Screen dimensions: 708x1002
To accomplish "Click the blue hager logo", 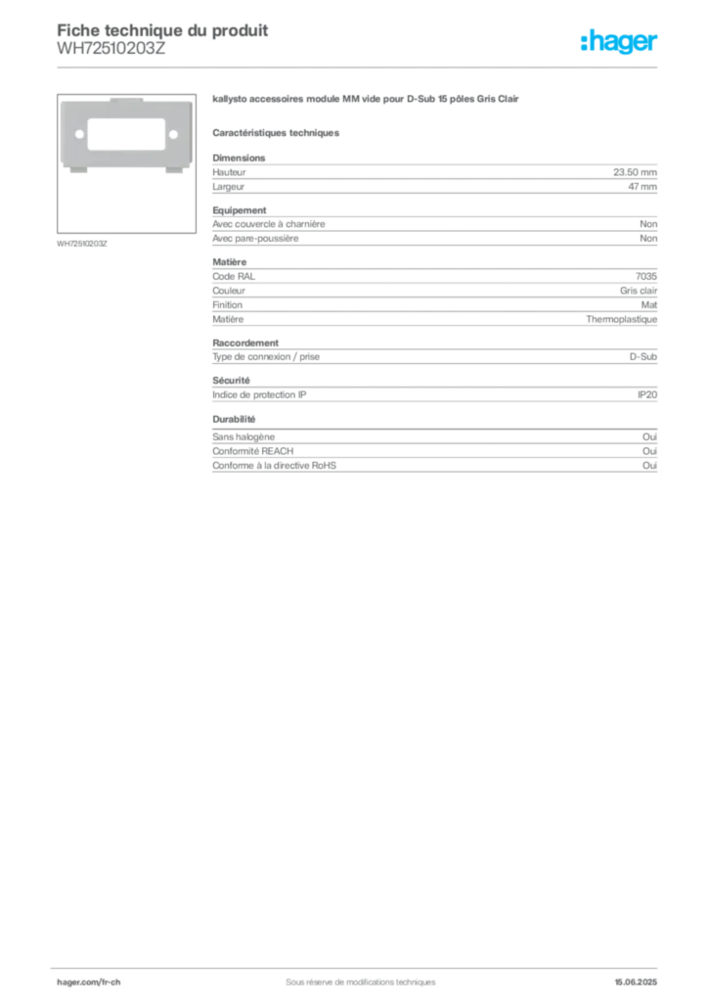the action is pyautogui.click(x=621, y=43).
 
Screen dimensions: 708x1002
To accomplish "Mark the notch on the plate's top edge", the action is pyautogui.click(x=125, y=100).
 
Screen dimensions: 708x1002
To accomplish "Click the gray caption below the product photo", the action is pyautogui.click(x=81, y=242).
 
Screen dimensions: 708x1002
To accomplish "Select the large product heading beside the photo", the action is pyautogui.click(x=368, y=101).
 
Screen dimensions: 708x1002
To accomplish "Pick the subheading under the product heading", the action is pyautogui.click(x=278, y=132).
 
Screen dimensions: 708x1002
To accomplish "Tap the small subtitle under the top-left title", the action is pyautogui.click(x=112, y=53).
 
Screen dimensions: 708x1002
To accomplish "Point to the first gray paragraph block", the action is pyautogui.click(x=434, y=176).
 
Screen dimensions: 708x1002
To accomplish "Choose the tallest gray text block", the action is pyautogui.click(x=434, y=296).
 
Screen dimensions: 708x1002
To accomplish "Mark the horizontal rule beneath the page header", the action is pyautogui.click(x=360, y=67).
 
